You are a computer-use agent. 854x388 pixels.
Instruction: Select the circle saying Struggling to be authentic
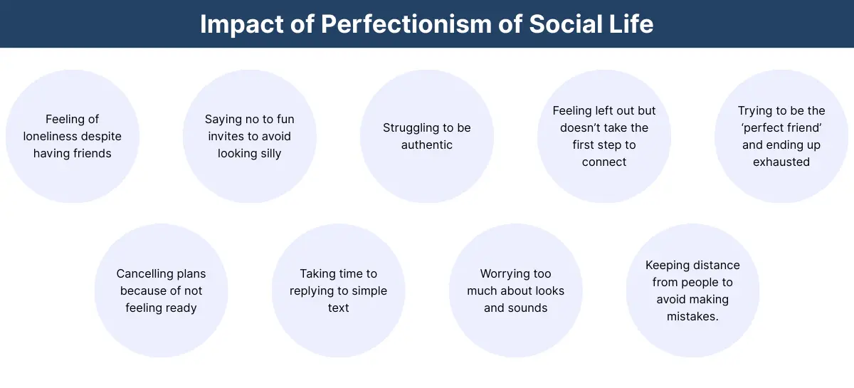(426, 136)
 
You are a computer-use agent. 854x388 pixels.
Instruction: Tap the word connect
(603, 162)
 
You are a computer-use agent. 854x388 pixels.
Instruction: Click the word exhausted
(781, 162)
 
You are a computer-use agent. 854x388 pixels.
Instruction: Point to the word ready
(180, 308)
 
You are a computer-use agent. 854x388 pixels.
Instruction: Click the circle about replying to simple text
(338, 290)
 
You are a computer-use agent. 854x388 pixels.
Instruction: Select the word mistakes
(692, 316)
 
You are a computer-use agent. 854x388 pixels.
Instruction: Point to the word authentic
(426, 145)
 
